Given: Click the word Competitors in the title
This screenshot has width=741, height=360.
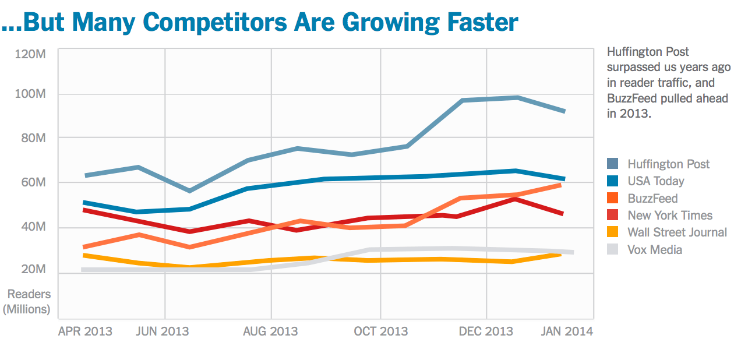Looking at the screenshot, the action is click(x=215, y=23).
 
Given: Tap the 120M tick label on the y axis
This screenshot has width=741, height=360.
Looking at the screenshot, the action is click(x=30, y=54).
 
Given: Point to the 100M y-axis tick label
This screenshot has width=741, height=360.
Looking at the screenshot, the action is click(x=30, y=94).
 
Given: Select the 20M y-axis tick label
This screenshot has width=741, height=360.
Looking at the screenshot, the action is click(x=33, y=269).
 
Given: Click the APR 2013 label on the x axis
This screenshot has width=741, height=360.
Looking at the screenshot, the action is click(x=86, y=331).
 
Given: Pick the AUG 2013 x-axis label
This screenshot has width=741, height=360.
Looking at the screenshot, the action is click(x=270, y=331).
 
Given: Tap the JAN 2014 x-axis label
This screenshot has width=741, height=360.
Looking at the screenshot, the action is click(x=567, y=331).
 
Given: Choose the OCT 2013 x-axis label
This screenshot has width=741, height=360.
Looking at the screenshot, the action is click(x=381, y=331).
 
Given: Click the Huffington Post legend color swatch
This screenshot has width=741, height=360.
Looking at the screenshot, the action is click(x=613, y=164).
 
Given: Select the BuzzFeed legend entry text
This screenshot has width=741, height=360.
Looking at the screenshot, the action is click(x=652, y=199).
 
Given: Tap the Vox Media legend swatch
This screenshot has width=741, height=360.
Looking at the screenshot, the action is click(x=613, y=249).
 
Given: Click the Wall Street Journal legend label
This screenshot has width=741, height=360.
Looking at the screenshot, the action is click(x=677, y=232).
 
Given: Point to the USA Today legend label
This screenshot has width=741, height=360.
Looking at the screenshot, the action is click(x=656, y=181).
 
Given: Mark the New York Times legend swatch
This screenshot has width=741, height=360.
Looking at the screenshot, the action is click(x=613, y=215).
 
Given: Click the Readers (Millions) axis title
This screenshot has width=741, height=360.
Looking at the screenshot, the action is click(x=27, y=302).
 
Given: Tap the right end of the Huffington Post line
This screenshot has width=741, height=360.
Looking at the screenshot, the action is click(x=564, y=111).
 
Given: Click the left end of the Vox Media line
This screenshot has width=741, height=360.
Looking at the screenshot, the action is click(x=82, y=270).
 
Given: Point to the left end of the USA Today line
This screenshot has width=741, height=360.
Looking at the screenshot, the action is click(x=83, y=203).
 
